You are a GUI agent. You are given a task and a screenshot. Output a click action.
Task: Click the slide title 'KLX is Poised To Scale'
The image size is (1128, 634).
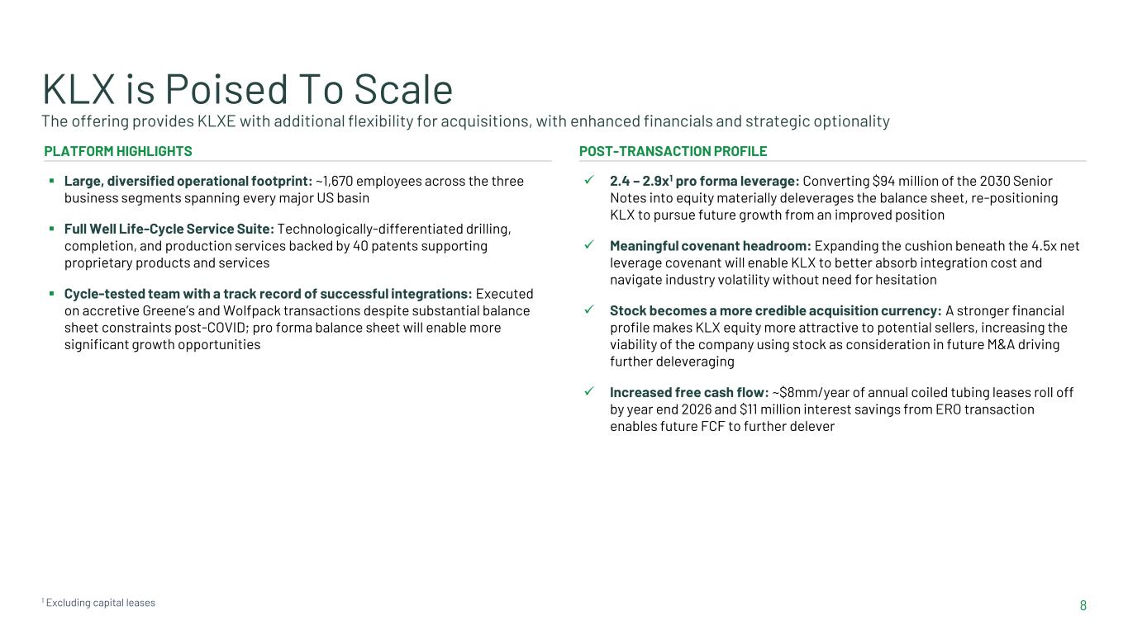coord(248,89)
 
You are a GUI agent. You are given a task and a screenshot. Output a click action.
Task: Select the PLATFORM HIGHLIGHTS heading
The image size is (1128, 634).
coord(118,151)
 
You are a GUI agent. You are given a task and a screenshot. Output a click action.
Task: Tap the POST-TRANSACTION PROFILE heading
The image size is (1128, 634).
coord(673,151)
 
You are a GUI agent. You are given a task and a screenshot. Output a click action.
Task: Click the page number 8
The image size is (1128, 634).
coord(1083,605)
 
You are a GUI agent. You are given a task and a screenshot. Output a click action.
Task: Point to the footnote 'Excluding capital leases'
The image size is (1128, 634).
coord(101,603)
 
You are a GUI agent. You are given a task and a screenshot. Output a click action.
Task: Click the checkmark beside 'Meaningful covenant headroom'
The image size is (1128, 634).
coord(588,245)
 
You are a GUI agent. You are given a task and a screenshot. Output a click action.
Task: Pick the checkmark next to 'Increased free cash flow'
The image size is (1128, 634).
coord(588,391)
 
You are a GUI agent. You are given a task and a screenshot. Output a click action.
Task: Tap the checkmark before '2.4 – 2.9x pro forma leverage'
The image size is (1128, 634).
coord(588,180)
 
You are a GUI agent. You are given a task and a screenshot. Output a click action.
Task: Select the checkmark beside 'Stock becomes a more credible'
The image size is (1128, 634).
coord(588,310)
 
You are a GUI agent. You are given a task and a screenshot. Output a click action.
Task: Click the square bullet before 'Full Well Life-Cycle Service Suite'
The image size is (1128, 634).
coord(51,229)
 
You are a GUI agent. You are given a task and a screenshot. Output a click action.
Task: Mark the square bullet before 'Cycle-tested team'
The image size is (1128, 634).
coord(51,293)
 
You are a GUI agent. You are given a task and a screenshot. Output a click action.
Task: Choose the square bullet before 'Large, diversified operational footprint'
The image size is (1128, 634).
coord(51,180)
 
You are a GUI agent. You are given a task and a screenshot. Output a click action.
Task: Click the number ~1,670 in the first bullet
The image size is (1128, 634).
coord(335,181)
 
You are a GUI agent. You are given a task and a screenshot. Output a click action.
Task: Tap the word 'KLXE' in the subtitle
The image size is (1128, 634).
coord(216,121)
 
